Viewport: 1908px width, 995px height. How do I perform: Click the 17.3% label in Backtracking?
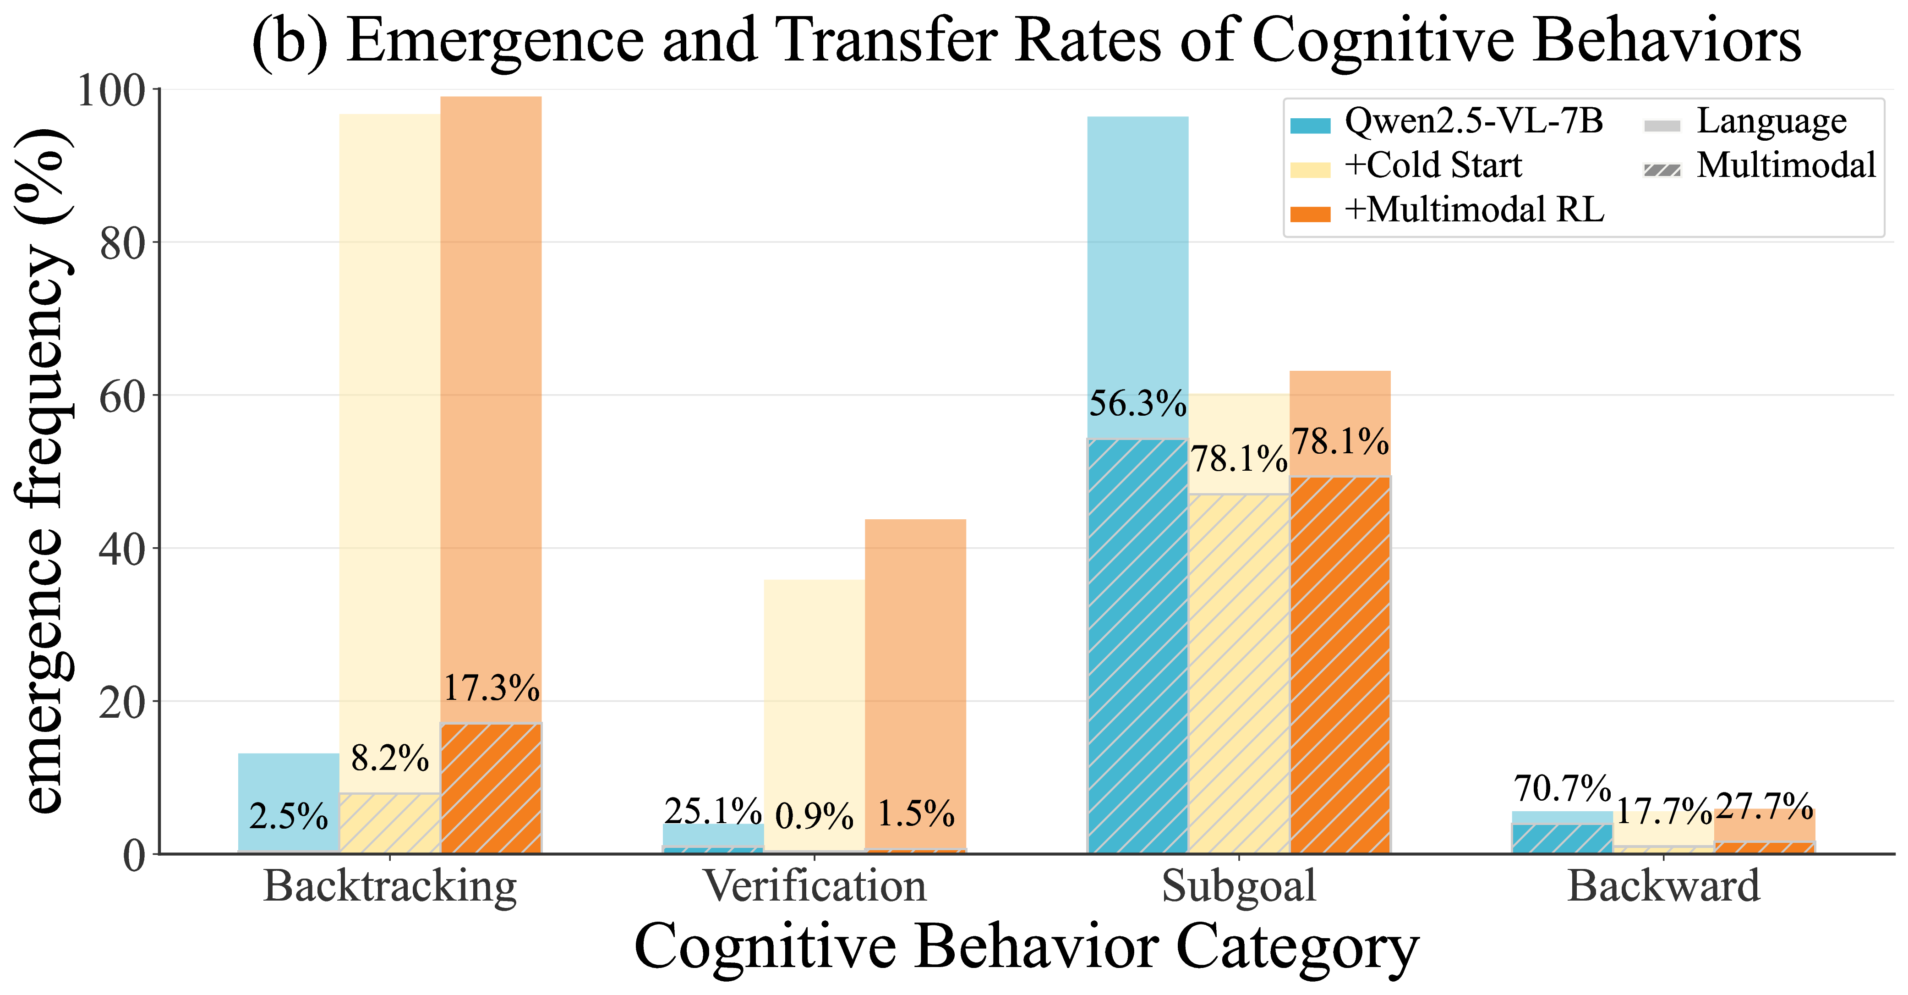pyautogui.click(x=491, y=688)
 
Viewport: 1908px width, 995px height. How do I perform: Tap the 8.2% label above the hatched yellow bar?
pyautogui.click(x=389, y=758)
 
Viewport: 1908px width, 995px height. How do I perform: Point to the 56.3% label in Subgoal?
pyautogui.click(x=1137, y=404)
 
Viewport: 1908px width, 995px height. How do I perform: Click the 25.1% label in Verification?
pyautogui.click(x=712, y=811)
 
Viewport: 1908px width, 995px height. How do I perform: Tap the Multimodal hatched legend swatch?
pyautogui.click(x=1662, y=170)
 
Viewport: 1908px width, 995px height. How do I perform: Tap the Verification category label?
pyautogui.click(x=815, y=886)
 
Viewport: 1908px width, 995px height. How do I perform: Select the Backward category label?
pyautogui.click(x=1663, y=886)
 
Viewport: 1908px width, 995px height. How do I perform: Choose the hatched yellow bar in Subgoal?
pyautogui.click(x=1239, y=674)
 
